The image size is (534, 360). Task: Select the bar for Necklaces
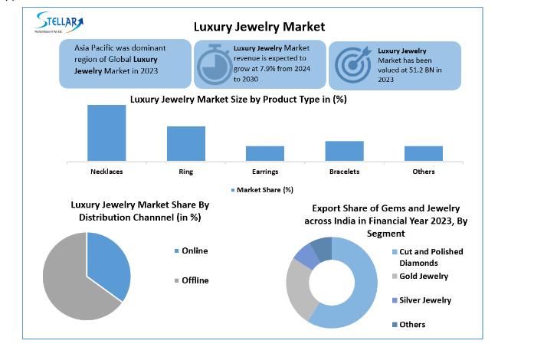(x=106, y=133)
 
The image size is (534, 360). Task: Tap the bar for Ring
(x=186, y=143)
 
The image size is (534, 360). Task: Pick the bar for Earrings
(x=265, y=153)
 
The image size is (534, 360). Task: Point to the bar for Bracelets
(x=344, y=151)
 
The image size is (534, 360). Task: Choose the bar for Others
(x=424, y=153)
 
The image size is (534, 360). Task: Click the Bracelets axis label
(x=344, y=172)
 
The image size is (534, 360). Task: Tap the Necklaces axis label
(x=106, y=172)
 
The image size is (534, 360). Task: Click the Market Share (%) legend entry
(x=261, y=190)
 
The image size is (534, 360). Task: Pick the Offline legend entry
(x=195, y=280)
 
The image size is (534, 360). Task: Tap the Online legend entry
(x=195, y=251)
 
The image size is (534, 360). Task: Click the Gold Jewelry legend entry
(x=423, y=276)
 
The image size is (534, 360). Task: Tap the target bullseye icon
(x=351, y=64)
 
